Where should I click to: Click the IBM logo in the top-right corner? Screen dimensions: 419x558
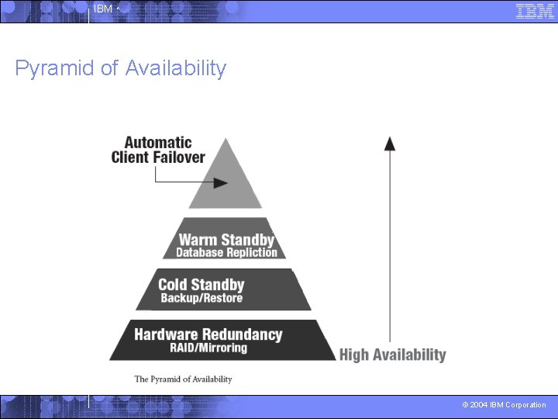[535, 11]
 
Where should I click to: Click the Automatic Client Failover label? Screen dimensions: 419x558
[158, 150]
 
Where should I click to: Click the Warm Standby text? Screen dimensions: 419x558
[226, 240]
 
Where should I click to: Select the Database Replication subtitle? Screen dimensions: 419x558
[226, 252]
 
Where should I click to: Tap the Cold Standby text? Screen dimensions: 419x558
[201, 285]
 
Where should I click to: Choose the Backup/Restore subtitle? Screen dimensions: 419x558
[201, 298]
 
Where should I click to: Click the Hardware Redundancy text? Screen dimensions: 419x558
[208, 334]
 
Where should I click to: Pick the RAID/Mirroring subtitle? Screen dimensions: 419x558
[208, 348]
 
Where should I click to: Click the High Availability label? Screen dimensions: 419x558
[393, 355]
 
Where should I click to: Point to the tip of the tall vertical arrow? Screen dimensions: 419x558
[391, 138]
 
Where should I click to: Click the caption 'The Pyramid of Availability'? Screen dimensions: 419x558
[183, 379]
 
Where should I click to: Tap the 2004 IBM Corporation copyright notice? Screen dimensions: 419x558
[504, 405]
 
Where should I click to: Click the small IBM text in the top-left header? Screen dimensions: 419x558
[102, 9]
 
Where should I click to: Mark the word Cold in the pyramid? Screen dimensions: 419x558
[174, 285]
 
